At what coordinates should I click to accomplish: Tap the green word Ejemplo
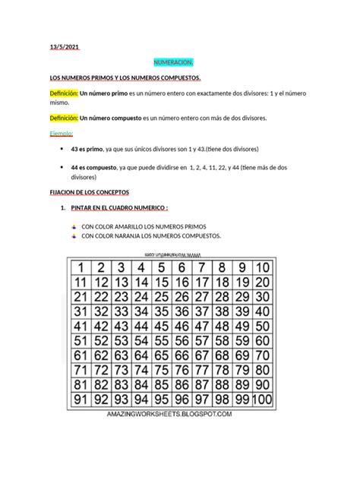(62, 134)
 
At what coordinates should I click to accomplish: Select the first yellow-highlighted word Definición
(62, 92)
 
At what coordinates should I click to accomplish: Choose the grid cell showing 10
(262, 267)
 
